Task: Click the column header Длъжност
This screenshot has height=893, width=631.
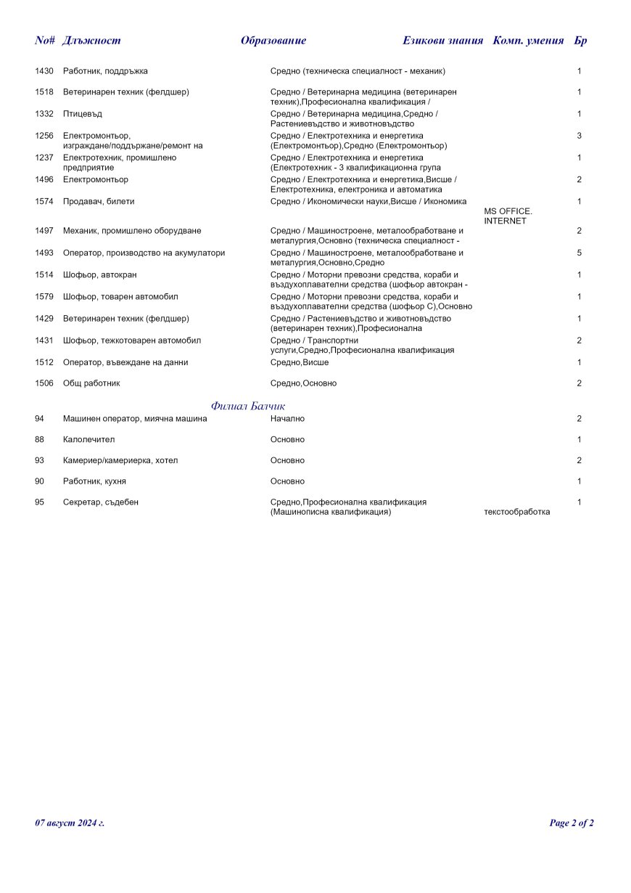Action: click(91, 41)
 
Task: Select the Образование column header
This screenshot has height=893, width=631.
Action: click(273, 41)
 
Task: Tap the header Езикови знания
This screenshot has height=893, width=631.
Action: click(442, 41)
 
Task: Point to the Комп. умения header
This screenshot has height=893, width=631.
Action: click(528, 41)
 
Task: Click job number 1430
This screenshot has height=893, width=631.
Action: click(44, 71)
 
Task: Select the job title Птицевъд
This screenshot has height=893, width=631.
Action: click(83, 114)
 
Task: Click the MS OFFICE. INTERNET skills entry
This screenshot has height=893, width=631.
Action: click(508, 216)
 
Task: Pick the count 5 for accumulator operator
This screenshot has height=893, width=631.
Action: click(580, 253)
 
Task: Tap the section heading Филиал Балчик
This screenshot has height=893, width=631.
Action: click(248, 406)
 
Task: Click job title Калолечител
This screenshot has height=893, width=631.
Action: click(88, 439)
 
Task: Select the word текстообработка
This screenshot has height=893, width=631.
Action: click(516, 512)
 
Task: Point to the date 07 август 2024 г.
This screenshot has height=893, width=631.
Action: click(70, 823)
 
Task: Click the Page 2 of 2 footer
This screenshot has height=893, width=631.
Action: click(572, 823)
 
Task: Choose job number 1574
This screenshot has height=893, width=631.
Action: click(44, 201)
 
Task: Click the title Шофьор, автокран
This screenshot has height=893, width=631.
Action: click(99, 274)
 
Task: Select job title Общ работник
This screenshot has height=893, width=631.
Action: click(91, 383)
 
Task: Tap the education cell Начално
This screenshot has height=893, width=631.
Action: click(287, 418)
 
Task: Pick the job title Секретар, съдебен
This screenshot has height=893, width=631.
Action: click(100, 502)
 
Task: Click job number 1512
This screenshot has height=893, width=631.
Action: click(44, 362)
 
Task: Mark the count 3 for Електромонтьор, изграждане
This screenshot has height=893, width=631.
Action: click(580, 136)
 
